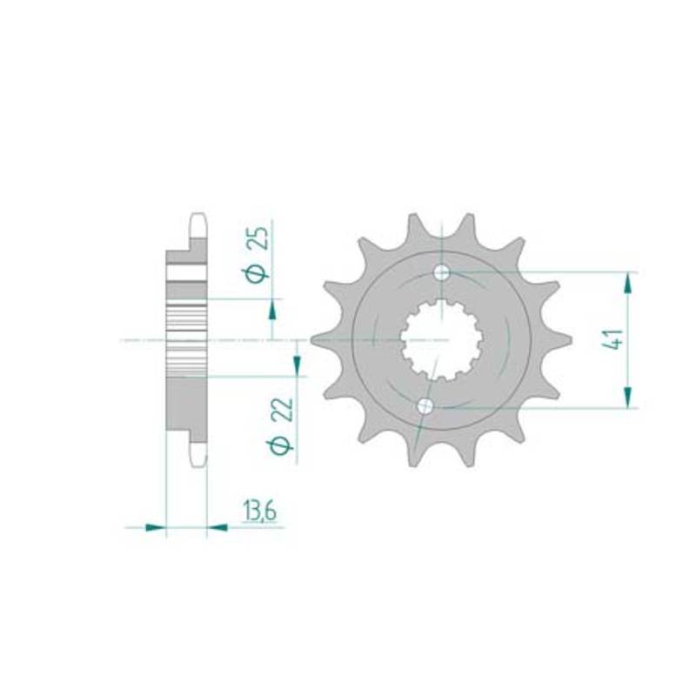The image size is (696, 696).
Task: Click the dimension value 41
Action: click(615, 339)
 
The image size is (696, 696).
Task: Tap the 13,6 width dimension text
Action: click(259, 512)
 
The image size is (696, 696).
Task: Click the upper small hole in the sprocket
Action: click(441, 272)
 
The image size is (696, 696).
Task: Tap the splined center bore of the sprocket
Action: click(441, 340)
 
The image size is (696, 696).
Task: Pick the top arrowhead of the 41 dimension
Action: click(627, 284)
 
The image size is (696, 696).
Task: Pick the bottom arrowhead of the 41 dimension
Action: click(627, 397)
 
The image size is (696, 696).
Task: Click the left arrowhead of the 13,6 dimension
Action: click(156, 527)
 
